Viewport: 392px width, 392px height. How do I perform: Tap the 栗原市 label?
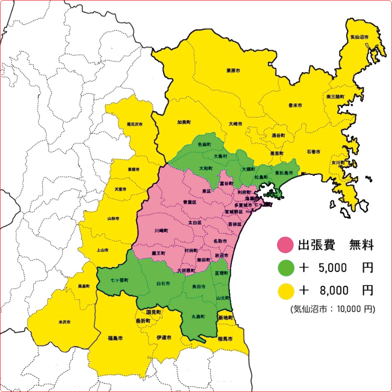(x=233, y=70)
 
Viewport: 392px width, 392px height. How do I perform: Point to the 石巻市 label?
(x=314, y=152)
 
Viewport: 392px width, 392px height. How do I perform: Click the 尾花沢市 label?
(x=135, y=124)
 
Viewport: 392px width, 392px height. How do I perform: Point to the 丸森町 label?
(x=198, y=316)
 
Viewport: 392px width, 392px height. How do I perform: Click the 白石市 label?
(x=163, y=283)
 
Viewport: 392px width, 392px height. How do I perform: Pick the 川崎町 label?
(x=162, y=230)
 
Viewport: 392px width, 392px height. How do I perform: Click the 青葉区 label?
(x=190, y=203)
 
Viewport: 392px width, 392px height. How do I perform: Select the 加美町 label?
(x=184, y=122)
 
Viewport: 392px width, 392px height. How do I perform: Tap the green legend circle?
(x=285, y=268)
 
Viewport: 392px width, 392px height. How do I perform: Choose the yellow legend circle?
(x=285, y=290)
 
